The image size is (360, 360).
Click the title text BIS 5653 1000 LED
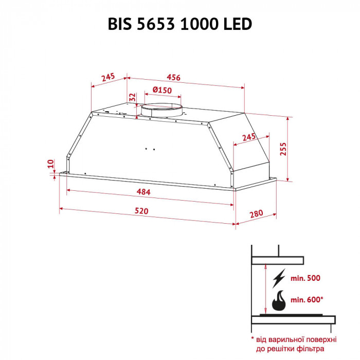point(179,24)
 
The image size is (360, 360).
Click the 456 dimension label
point(173,78)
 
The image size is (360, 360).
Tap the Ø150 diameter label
point(162,91)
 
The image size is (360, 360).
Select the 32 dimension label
point(132,98)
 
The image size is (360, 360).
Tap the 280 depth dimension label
point(256,213)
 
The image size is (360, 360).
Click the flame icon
point(279,300)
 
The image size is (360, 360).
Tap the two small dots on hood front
point(150,149)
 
